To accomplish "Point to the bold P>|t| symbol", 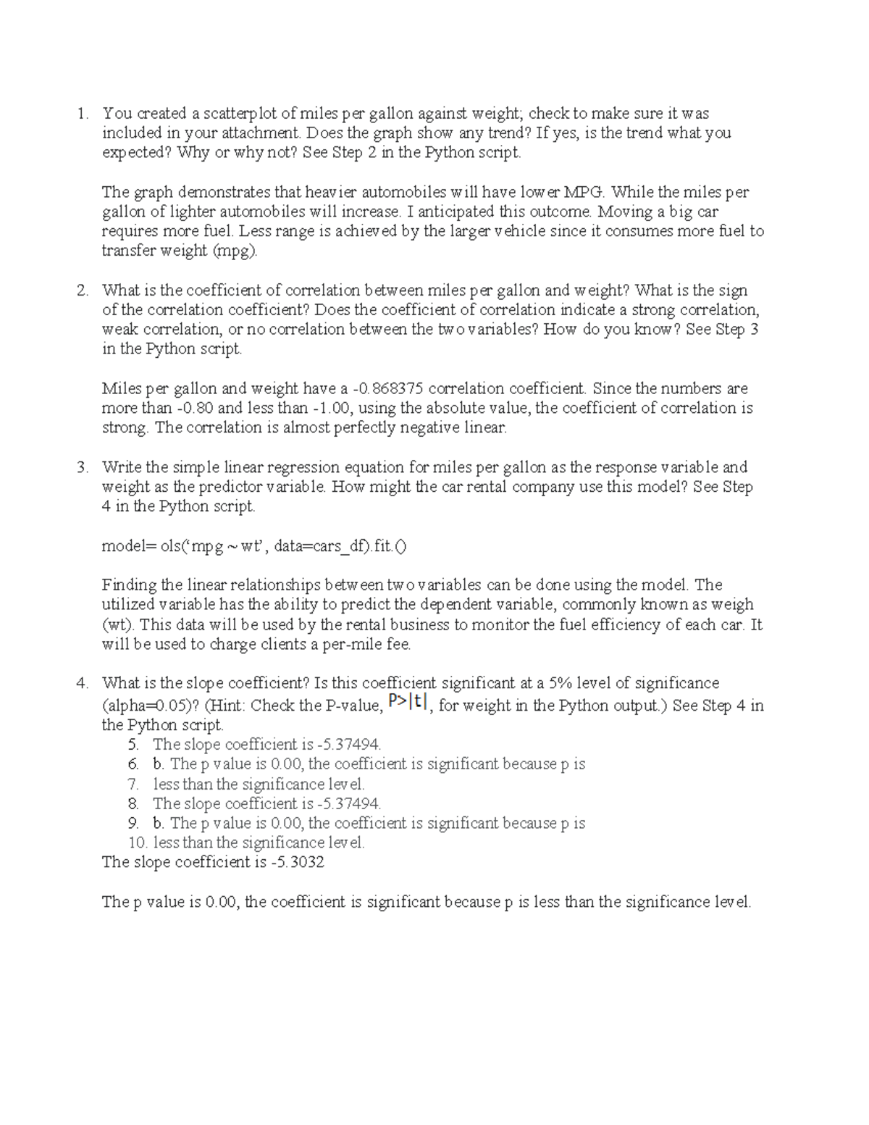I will point(408,701).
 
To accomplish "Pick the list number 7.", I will point(133,784).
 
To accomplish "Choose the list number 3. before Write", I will point(83,467).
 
